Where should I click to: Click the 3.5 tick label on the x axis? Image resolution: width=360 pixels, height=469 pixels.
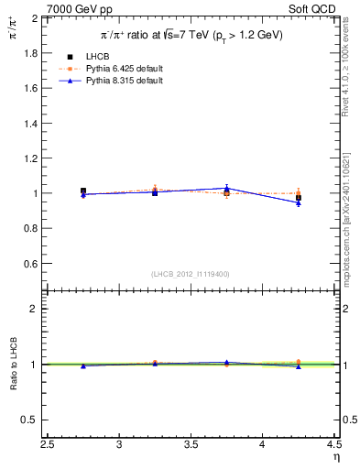tap(191, 446)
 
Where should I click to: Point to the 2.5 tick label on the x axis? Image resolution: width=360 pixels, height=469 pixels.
tap(49, 446)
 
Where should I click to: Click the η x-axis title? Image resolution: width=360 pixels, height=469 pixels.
tap(335, 458)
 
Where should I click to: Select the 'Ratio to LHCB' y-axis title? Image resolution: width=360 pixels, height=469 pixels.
tap(12, 364)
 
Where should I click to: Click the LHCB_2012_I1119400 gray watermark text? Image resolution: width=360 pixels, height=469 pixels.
tap(191, 274)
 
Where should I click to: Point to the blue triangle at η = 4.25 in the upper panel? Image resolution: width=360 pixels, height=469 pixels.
tap(298, 202)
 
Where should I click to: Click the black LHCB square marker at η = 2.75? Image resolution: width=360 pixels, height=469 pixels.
tap(83, 191)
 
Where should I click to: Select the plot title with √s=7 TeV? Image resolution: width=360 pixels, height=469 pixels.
tap(191, 35)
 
